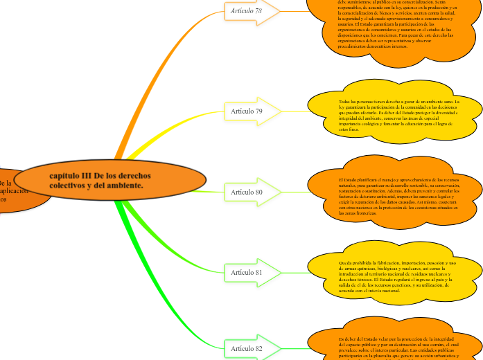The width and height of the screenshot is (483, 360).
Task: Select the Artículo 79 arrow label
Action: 247,111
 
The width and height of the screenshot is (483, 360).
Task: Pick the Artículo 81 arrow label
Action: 247,273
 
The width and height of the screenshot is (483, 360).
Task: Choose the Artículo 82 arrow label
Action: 247,348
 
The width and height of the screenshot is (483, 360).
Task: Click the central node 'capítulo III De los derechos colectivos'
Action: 111,180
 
